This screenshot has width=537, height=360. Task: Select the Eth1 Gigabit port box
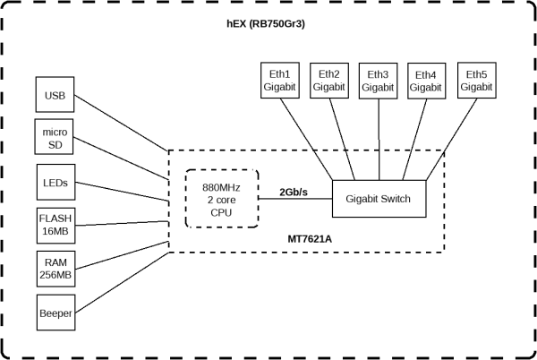coord(279,81)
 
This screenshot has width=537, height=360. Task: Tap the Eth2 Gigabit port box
coord(328,81)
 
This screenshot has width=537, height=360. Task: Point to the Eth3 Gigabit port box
coord(378,81)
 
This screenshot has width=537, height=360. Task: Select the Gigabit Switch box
coord(378,199)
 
